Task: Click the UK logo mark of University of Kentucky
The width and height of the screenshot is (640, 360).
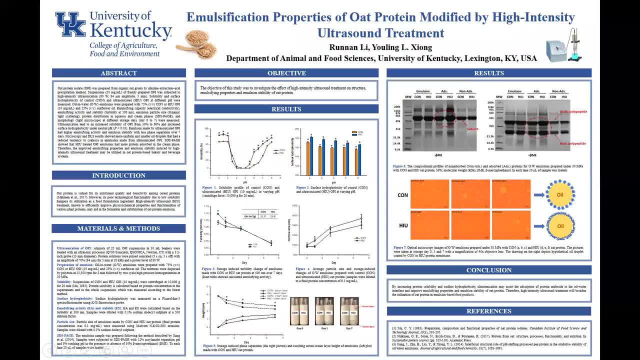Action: pyautogui.click(x=70, y=24)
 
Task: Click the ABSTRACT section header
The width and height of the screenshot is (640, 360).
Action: pyautogui.click(x=118, y=73)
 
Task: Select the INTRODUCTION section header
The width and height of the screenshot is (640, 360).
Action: pyautogui.click(x=118, y=175)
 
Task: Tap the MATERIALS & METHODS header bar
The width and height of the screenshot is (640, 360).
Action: pyautogui.click(x=118, y=228)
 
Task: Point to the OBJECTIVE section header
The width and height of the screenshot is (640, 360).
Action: pyautogui.click(x=286, y=73)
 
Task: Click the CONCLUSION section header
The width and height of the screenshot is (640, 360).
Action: pyautogui.click(x=488, y=270)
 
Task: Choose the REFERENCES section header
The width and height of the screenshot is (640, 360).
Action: pyautogui.click(x=488, y=311)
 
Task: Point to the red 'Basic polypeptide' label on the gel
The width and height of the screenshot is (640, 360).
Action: pyautogui.click(x=572, y=143)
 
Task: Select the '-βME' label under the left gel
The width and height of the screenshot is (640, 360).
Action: pyautogui.click(x=438, y=155)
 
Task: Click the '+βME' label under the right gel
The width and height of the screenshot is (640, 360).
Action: pyautogui.click(x=534, y=155)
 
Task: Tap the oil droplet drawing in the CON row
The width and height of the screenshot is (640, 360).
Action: pyautogui.click(x=560, y=195)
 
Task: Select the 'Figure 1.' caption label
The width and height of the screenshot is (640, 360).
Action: pyautogui.click(x=209, y=188)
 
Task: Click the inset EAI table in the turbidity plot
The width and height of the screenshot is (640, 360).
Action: pyautogui.click(x=258, y=214)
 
